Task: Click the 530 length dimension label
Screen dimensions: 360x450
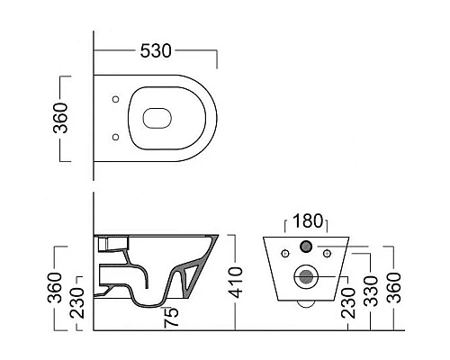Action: tap(154, 52)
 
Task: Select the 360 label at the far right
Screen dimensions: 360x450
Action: tap(395, 287)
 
